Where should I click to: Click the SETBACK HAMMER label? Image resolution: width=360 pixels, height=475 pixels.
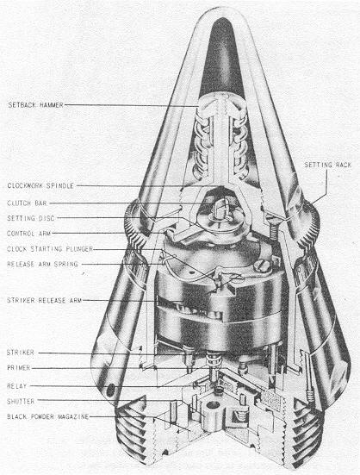point(35,105)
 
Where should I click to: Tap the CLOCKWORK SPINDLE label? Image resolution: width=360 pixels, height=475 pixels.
point(40,185)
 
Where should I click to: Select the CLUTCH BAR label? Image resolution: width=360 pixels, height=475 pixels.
point(27,203)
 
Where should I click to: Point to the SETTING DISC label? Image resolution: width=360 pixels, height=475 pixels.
point(31,218)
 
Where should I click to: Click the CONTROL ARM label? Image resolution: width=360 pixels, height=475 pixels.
point(29,234)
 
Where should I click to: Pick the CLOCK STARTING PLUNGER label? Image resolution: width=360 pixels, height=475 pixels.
point(50,249)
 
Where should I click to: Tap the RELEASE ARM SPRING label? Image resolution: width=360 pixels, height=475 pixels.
point(42,264)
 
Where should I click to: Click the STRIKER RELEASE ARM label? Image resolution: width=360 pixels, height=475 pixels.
point(44,301)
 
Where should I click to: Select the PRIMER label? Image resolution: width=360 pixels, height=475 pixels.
point(18,368)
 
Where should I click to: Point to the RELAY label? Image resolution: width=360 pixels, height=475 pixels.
point(16,386)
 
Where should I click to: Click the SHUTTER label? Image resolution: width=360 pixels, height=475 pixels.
point(21,402)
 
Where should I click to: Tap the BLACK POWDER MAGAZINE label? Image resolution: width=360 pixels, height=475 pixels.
point(47,417)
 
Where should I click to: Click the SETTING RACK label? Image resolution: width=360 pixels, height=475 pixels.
point(327,165)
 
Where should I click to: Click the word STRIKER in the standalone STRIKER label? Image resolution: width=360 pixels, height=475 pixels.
point(21,353)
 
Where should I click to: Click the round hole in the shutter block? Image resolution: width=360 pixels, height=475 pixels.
point(214,404)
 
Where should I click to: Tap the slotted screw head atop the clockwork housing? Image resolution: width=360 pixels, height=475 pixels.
point(260,267)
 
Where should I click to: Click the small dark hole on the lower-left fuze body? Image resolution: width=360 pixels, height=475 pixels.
point(111,390)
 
